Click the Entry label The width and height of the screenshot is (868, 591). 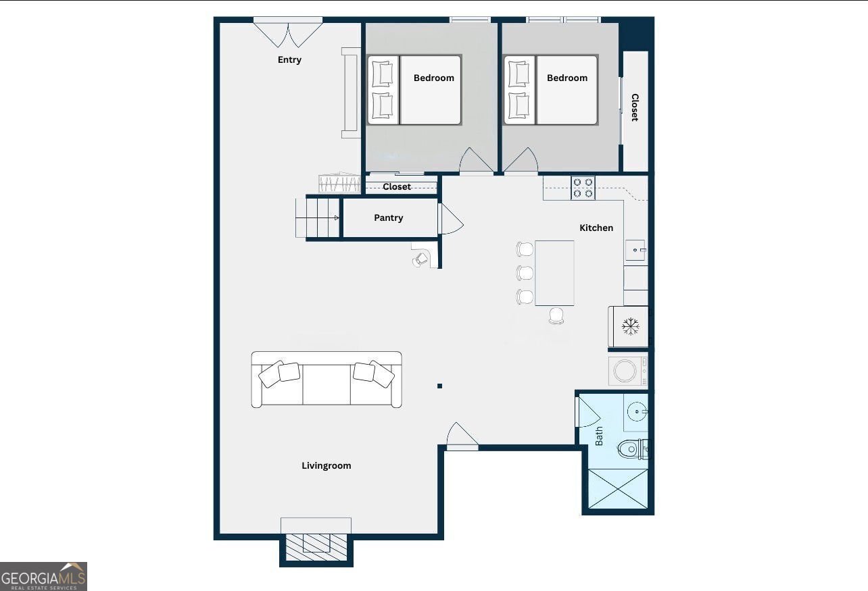289,60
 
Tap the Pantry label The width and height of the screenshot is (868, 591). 389,217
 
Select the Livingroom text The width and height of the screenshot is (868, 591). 326,465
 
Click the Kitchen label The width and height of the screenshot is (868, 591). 596,228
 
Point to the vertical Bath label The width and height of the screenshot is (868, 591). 599,436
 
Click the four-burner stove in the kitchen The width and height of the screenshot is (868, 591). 583,187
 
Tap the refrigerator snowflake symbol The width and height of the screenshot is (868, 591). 630,328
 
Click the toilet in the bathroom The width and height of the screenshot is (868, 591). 632,448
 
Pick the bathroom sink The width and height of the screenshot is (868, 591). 636,411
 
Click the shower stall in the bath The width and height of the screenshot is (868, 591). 618,488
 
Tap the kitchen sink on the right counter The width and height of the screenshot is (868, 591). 634,250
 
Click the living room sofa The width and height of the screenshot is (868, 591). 327,379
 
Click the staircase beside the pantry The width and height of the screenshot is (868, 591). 318,217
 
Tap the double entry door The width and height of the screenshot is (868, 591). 289,32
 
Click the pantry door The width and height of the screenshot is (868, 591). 450,220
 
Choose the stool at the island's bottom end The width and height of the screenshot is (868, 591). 556,315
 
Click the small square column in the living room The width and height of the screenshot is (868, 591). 439,386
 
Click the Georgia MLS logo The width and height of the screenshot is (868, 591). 43,577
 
